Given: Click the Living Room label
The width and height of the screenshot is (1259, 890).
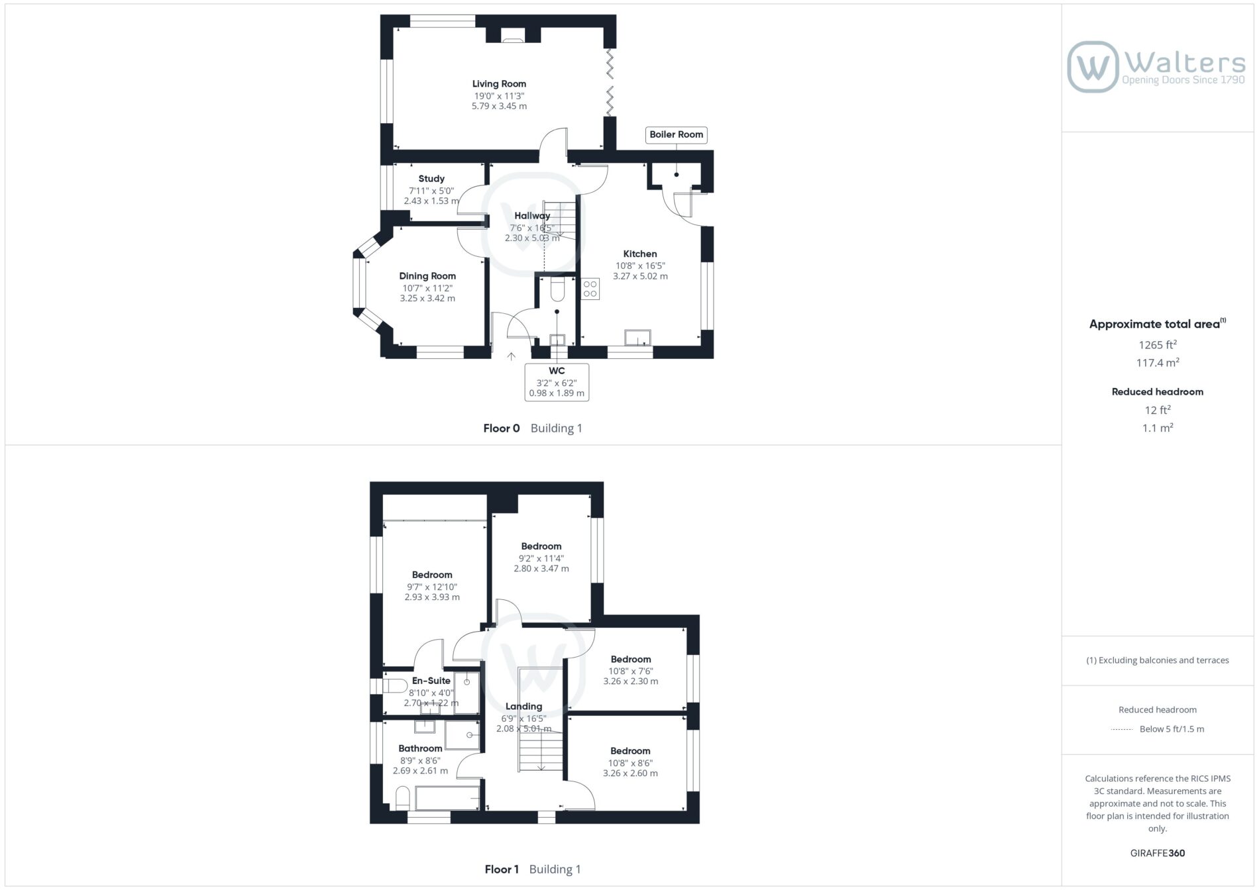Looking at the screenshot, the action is click(499, 84).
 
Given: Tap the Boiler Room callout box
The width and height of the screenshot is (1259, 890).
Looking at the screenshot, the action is click(676, 134).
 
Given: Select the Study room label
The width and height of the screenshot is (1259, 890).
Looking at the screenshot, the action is click(431, 179).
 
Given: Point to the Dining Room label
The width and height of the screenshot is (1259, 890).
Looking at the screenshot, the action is click(427, 276).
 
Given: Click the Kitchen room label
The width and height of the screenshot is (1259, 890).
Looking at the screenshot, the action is click(640, 254).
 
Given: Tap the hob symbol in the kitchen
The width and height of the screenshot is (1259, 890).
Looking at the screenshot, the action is click(590, 289).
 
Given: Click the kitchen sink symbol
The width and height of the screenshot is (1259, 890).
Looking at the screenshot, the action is click(637, 338).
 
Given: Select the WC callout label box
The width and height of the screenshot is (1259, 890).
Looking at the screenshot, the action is click(557, 382).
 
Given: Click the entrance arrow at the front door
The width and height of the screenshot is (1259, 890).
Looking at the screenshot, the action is click(512, 356).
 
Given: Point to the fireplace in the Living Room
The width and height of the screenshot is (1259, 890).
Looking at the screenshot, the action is click(512, 36).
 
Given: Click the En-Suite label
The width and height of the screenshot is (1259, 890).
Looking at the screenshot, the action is click(431, 681).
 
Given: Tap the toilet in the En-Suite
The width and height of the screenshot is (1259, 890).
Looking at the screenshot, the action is click(396, 685).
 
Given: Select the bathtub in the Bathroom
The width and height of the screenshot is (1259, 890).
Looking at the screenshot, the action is click(447, 797).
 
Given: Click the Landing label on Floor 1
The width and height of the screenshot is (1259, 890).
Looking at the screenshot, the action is click(523, 707).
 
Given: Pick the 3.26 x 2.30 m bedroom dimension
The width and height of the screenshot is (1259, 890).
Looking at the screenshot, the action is click(631, 681).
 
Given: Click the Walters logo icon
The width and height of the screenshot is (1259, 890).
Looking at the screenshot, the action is click(1093, 67).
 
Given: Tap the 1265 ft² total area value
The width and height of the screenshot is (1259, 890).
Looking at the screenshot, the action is click(1158, 344).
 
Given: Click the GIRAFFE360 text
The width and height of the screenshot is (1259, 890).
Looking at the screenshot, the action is click(1158, 853).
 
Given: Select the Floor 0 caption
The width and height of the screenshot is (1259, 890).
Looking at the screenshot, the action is click(502, 428).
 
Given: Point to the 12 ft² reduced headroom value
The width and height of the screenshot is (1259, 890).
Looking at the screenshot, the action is click(1158, 410).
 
